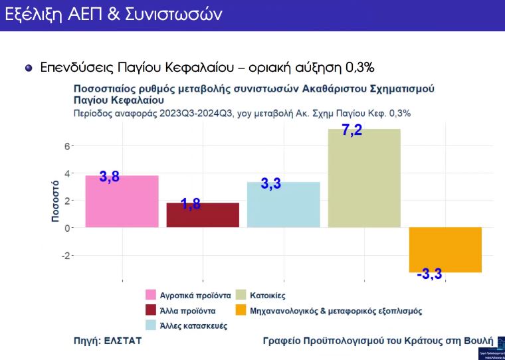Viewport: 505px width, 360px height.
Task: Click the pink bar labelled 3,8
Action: [x=122, y=201]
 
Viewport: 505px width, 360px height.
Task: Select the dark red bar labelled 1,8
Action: [x=203, y=215]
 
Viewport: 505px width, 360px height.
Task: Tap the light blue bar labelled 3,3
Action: [x=284, y=205]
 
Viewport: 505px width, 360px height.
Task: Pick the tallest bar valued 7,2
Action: [x=365, y=178]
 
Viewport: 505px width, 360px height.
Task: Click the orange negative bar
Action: [x=445, y=250]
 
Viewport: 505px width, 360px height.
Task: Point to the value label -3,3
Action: [x=429, y=274]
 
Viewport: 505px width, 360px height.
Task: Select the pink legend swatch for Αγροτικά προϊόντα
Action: [x=151, y=294]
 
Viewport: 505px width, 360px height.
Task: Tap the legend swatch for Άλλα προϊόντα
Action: [x=151, y=310]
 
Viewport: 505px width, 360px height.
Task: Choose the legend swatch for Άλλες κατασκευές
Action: [x=151, y=325]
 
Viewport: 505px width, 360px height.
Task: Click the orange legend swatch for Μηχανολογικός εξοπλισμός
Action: [x=241, y=310]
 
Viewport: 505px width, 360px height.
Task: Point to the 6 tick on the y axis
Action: [x=67, y=145]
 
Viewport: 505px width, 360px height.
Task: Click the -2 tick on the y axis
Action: [x=65, y=255]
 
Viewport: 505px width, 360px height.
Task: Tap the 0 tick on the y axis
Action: [x=67, y=228]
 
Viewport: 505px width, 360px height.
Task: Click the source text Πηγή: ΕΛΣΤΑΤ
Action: [x=107, y=341]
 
